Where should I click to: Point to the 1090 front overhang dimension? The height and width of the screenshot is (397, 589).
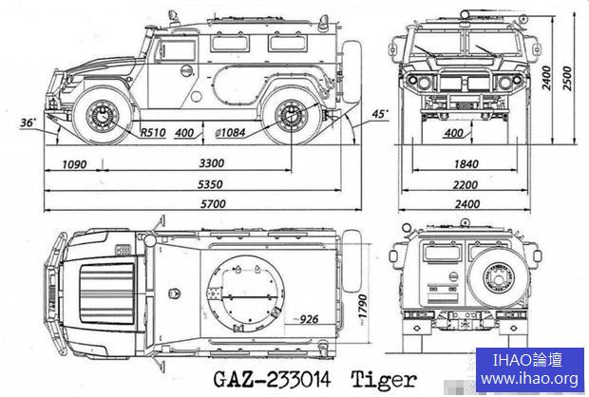tap(73, 164)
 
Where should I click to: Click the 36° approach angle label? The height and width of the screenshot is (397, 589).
tap(27, 123)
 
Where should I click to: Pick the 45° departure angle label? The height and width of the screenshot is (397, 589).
tap(380, 114)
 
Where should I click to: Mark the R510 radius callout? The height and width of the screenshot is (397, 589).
tap(153, 132)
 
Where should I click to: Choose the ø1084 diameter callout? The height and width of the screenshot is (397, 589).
tap(237, 132)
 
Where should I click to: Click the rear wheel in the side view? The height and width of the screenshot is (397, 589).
tap(289, 116)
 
